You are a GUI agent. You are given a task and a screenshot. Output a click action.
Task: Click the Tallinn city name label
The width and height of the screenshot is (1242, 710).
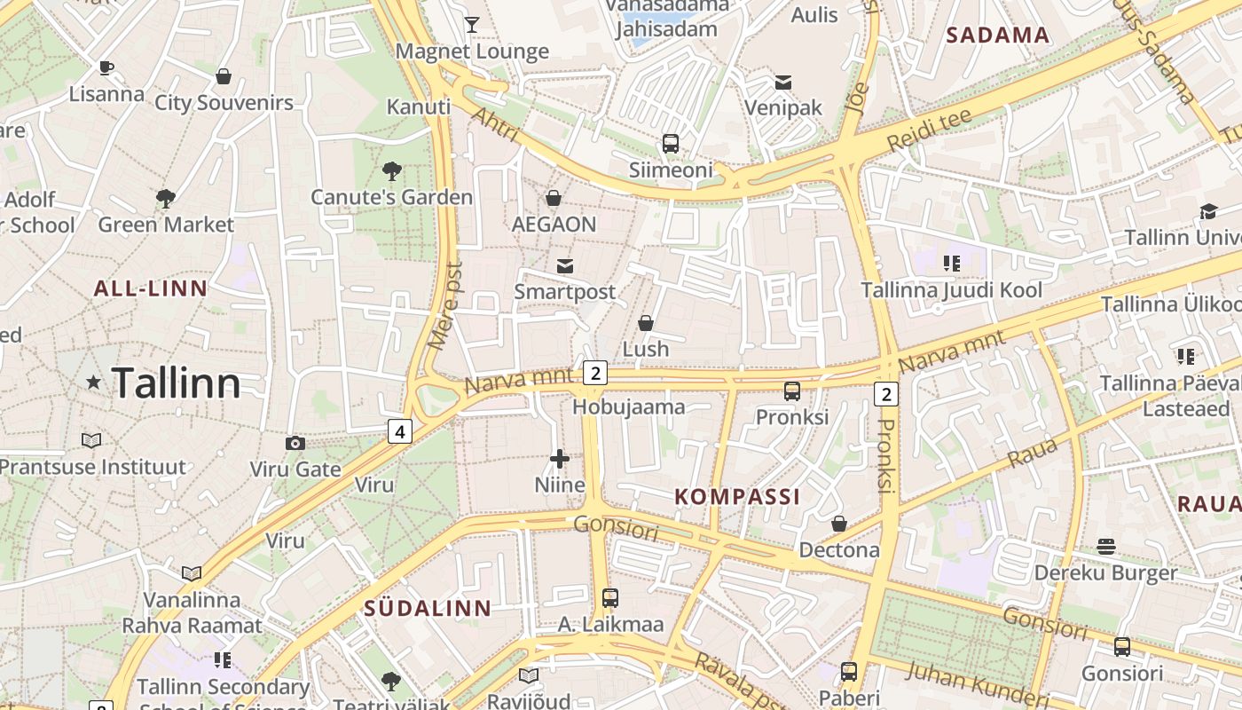pos(177,383)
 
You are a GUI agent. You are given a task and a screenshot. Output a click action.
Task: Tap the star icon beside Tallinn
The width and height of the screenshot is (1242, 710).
pos(93,382)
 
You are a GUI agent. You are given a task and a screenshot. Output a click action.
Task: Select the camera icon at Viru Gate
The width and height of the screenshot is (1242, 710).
pos(295,443)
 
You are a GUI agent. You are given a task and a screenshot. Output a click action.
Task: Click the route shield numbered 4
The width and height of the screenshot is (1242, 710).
pos(400,431)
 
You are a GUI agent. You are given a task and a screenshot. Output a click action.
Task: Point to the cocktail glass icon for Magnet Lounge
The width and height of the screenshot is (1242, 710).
pos(472,24)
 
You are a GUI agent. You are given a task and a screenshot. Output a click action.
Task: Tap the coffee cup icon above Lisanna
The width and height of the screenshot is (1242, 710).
pos(106,67)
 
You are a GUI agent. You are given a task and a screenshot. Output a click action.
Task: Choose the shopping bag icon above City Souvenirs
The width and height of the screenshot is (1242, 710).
pos(224,76)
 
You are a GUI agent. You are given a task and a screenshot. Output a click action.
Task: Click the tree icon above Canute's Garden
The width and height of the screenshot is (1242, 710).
pos(391,170)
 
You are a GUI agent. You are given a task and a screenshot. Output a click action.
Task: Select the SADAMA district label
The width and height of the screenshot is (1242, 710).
pos(998,35)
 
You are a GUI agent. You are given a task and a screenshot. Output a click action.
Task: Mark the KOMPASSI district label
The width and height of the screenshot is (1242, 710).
pos(737,496)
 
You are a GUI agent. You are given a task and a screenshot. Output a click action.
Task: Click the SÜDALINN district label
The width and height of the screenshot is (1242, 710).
pos(428,608)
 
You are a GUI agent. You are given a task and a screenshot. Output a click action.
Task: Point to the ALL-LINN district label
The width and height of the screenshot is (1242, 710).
pos(151,288)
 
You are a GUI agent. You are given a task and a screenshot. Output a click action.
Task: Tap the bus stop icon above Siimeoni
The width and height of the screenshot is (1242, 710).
pos(671,143)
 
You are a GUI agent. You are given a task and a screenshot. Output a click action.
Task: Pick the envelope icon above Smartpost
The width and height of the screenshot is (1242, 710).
pos(564,265)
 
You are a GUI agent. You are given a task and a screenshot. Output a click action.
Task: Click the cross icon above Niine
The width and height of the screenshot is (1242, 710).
pos(560,458)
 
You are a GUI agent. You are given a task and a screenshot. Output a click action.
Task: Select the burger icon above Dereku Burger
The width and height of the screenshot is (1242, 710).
pos(1105,546)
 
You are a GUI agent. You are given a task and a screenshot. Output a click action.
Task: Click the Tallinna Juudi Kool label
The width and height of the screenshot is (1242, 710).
pos(952,290)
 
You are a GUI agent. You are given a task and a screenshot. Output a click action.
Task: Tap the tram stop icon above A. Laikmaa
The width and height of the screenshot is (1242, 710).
pos(610,597)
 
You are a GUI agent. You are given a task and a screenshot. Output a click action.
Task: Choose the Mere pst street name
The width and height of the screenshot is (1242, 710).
pos(445,306)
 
